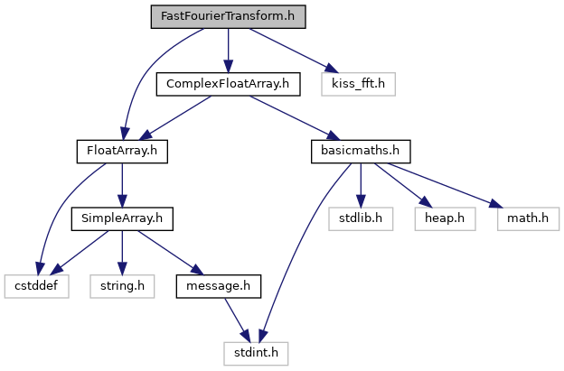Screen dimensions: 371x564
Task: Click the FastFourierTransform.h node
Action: [x=228, y=16]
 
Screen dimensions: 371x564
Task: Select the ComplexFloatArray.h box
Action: [x=228, y=84]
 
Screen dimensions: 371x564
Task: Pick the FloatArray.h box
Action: [x=122, y=151]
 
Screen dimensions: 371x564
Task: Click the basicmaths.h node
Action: [x=361, y=151]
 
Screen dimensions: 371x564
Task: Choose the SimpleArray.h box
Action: [x=122, y=218]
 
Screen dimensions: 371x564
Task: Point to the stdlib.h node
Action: [x=361, y=218]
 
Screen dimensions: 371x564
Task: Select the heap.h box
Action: [x=443, y=218]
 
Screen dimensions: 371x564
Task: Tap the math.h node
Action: [x=527, y=218]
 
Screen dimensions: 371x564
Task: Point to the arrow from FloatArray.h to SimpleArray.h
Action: [x=122, y=184]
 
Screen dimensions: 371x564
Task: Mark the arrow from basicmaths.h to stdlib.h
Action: [x=361, y=184]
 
